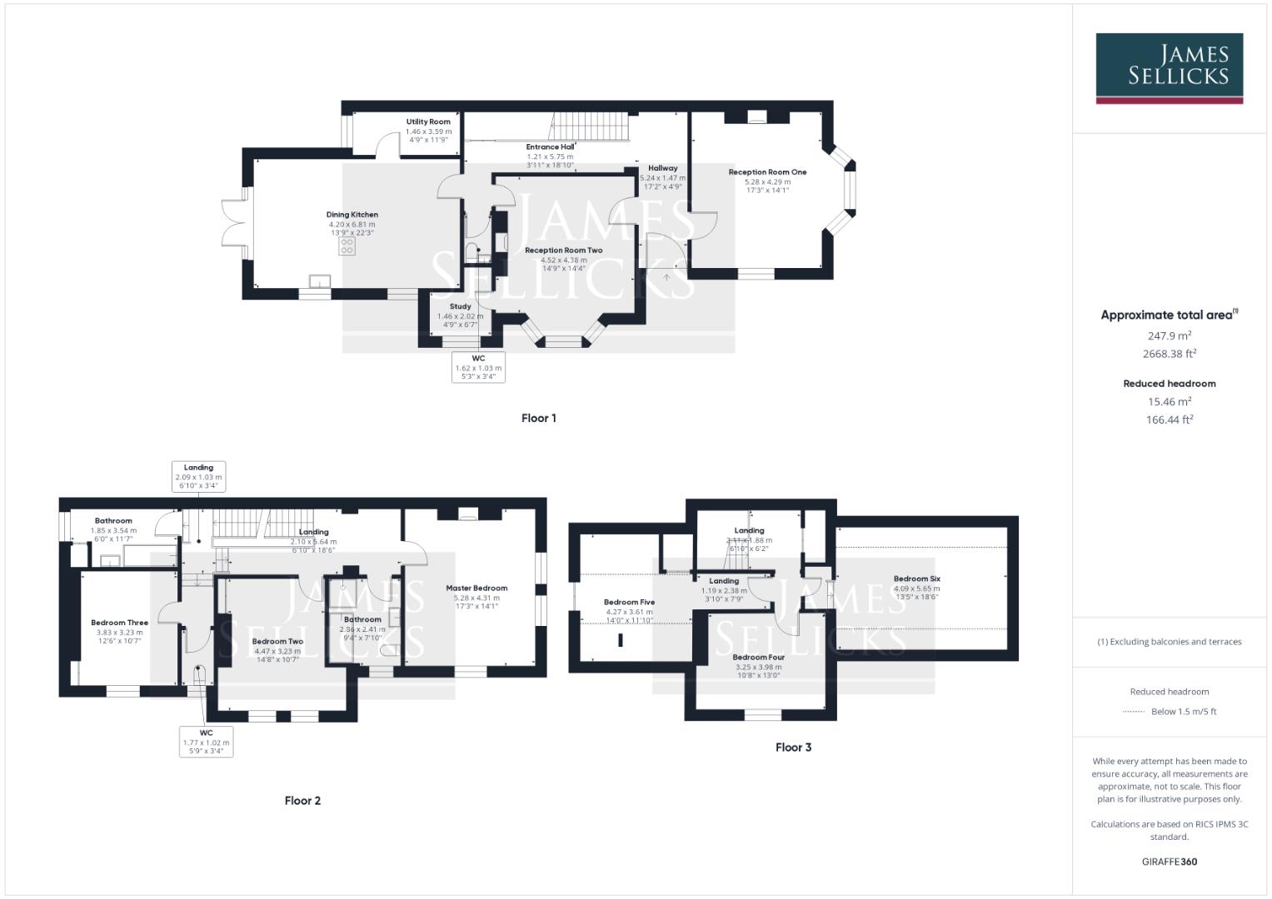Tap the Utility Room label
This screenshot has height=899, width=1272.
click(428, 122)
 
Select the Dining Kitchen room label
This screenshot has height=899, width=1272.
click(352, 215)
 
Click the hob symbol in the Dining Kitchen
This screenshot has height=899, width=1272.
click(347, 246)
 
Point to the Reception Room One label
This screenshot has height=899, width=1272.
click(767, 172)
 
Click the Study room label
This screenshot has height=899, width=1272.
click(460, 306)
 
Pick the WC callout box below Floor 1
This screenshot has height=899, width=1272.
click(478, 367)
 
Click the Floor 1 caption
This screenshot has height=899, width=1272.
click(538, 418)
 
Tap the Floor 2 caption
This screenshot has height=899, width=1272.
click(302, 801)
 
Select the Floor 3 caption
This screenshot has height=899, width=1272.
click(793, 748)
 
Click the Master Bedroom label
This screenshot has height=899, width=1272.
click(476, 588)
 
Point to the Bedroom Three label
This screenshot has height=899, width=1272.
click(119, 623)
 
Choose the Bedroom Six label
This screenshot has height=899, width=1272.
click(916, 579)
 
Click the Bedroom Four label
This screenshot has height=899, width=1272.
click(758, 657)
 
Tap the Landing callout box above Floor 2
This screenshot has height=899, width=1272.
click(198, 476)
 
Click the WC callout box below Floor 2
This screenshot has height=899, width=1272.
click(206, 742)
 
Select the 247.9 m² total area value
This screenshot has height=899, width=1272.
click(1169, 335)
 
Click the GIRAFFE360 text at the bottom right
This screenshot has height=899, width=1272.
click(1169, 862)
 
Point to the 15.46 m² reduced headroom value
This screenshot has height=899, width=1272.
click(1169, 401)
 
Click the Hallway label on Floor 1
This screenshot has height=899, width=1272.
click(662, 168)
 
